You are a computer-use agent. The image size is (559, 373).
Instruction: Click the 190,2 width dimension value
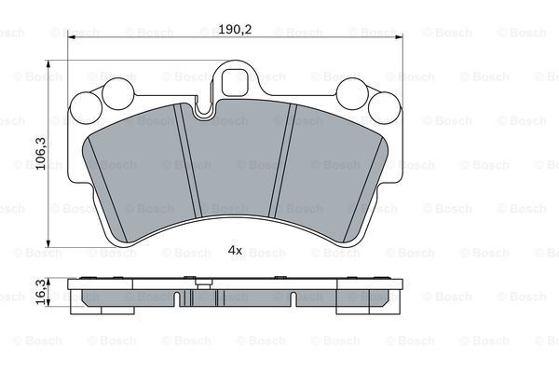pos(235,29)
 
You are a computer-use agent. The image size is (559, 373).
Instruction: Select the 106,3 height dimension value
pos(41,154)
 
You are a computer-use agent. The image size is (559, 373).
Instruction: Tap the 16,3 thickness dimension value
pos(41,292)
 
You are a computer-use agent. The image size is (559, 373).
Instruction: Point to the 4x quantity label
pos(235,250)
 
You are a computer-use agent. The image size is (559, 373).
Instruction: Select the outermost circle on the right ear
pos(384,108)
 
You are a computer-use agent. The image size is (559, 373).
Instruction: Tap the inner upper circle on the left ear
pos(118,93)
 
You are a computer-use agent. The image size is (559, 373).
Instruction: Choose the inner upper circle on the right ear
pos(352,93)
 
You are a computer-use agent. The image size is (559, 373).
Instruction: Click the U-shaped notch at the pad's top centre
pos(204,109)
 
